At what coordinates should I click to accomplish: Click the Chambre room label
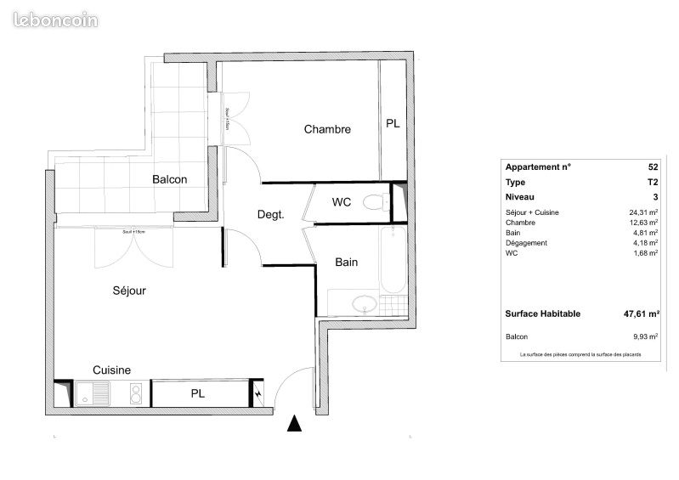pyautogui.click(x=327, y=129)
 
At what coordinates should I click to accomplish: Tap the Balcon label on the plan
pyautogui.click(x=170, y=179)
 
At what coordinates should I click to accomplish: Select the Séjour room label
pyautogui.click(x=129, y=291)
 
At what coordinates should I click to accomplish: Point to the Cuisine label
pyautogui.click(x=111, y=370)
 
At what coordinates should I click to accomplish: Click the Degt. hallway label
pyautogui.click(x=270, y=215)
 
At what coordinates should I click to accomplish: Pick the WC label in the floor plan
pyautogui.click(x=342, y=202)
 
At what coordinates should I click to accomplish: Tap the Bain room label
pyautogui.click(x=346, y=263)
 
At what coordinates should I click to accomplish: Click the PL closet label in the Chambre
pyautogui.click(x=393, y=123)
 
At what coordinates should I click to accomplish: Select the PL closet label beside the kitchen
pyautogui.click(x=197, y=394)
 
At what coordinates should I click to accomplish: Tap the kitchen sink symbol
pyautogui.click(x=89, y=393)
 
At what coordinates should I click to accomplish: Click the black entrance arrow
pyautogui.click(x=294, y=423)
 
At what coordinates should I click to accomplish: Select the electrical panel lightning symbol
pyautogui.click(x=258, y=394)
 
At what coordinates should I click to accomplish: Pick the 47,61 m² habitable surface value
pyautogui.click(x=641, y=313)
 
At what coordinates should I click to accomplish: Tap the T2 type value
pyautogui.click(x=652, y=182)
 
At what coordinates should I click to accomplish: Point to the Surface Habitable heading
pyautogui.click(x=543, y=313)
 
